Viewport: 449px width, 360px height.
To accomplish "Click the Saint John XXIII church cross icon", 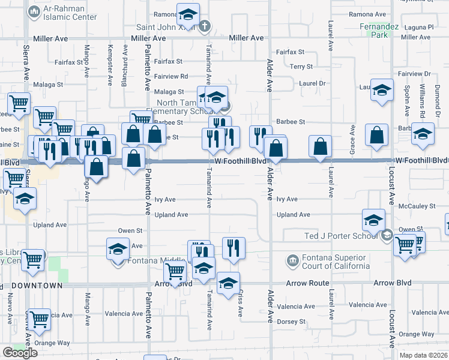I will (204, 27).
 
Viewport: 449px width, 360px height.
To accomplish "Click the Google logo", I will (20, 353).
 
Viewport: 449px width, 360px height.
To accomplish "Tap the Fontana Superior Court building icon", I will (292, 260).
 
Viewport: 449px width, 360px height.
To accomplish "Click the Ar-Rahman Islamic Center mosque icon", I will (34, 11).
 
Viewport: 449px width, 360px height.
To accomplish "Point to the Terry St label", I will (301, 67).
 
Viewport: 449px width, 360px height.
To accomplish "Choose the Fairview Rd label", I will (171, 76).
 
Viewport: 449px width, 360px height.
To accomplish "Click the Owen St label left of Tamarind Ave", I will (130, 230).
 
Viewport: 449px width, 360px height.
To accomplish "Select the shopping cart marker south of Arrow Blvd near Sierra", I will (39, 320).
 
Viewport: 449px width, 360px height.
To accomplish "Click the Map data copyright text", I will (423, 355).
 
